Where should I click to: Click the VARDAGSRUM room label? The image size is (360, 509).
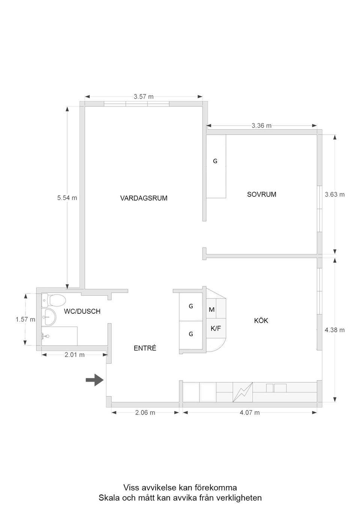coord(144,198)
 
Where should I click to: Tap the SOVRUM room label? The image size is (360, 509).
coord(261,195)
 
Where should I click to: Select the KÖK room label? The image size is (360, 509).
coord(261,321)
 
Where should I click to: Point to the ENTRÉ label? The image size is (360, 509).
coord(145,349)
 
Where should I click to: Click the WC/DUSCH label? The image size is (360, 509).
coord(82,311)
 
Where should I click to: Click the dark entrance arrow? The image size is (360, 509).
coord(94,380)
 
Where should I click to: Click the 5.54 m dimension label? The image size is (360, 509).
coord(67,198)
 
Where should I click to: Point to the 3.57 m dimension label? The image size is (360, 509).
coord(144,97)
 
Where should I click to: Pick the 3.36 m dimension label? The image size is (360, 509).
coord(261,126)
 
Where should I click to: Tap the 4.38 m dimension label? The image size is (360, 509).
coord(334,330)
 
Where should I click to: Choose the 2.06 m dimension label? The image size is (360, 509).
coord(145,413)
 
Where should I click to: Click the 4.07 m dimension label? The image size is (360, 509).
coord(249,413)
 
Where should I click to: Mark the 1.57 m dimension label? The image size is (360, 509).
coord(25,320)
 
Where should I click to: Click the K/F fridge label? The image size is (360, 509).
coord(216,329)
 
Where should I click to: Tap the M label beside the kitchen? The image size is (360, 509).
coord(211,310)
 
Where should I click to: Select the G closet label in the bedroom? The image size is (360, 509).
coord(215,161)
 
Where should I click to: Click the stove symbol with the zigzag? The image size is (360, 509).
coord(243,392)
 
